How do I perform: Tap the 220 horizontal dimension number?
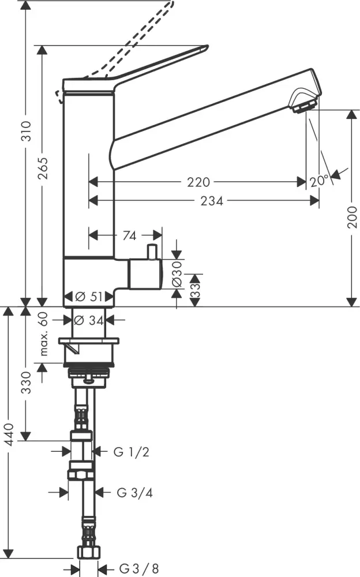click(x=198, y=182)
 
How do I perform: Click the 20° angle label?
click(x=318, y=181)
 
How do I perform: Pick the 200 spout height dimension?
click(x=352, y=217)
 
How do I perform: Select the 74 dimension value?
click(x=130, y=235)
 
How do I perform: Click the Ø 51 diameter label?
click(x=89, y=297)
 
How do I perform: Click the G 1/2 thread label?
click(x=132, y=452)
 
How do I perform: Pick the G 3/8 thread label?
click(x=139, y=568)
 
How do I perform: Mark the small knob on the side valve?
click(x=152, y=251)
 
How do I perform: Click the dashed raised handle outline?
click(x=138, y=40)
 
